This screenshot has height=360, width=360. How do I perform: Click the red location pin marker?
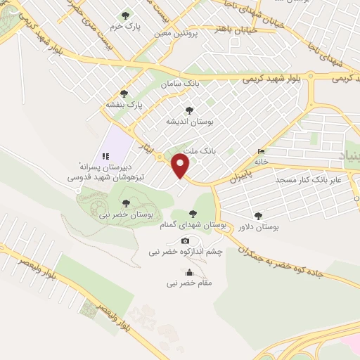(x=181, y=166)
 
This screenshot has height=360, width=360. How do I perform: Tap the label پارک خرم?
(x=129, y=27)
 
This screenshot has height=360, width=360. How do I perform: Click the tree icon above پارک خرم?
(x=126, y=15)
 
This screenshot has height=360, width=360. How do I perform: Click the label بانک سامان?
(x=176, y=84)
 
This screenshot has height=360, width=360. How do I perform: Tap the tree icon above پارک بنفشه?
(x=124, y=94)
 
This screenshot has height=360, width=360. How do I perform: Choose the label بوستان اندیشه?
(x=189, y=122)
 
